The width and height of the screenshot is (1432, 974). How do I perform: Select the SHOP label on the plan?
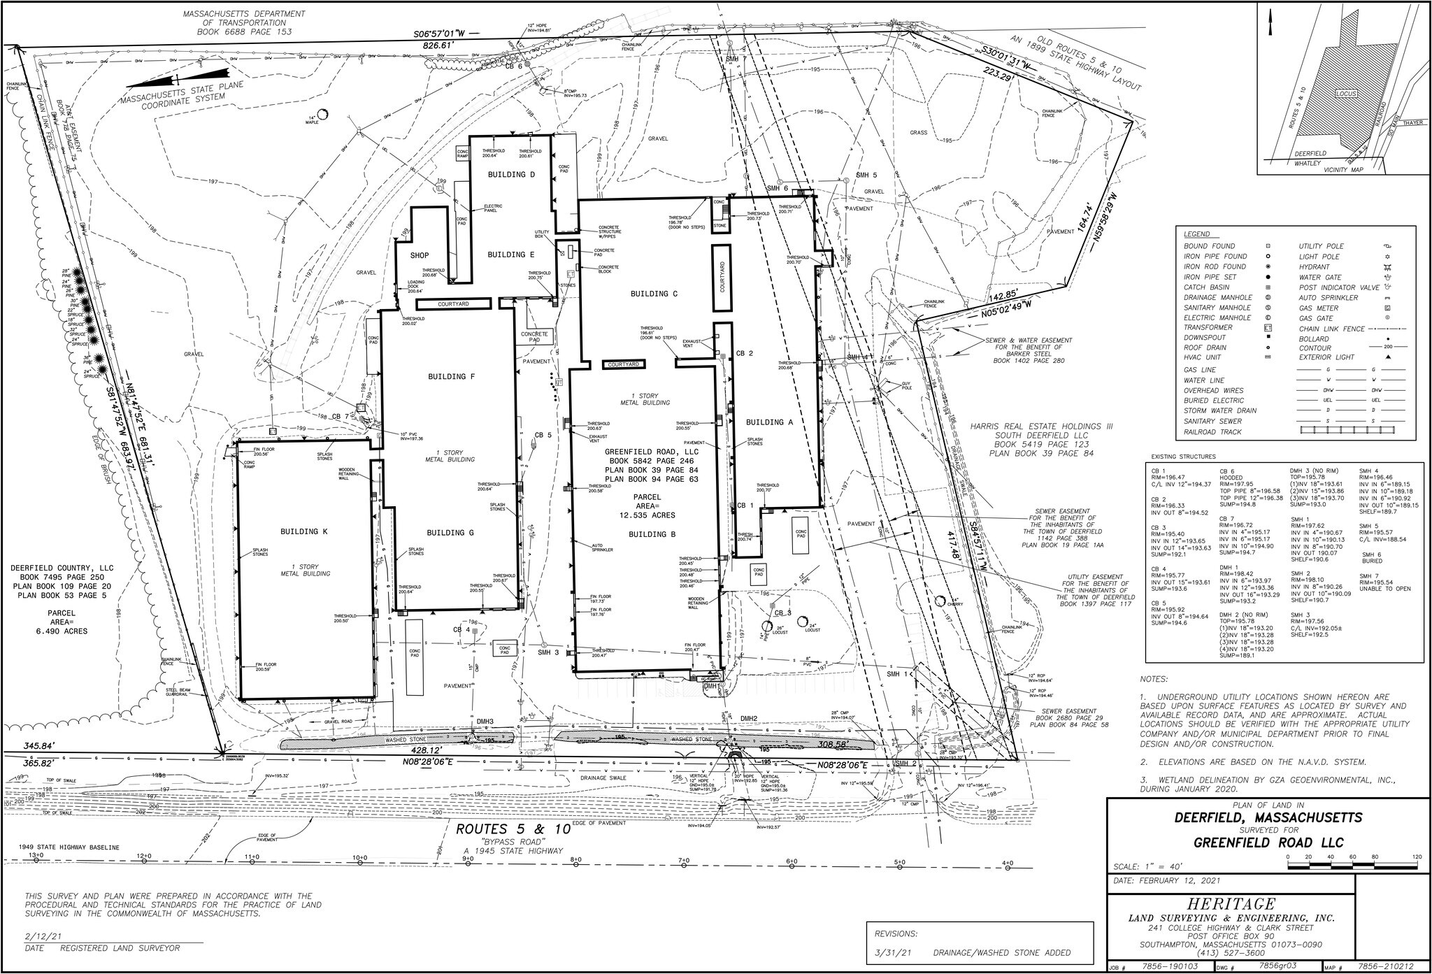(x=419, y=255)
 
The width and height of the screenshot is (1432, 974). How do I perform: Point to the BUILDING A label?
(x=769, y=422)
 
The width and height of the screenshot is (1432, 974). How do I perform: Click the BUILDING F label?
(x=452, y=377)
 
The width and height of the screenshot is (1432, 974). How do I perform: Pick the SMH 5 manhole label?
(x=866, y=175)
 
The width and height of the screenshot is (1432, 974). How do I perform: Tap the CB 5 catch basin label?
(x=543, y=435)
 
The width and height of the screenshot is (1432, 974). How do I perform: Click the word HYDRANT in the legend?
(x=1314, y=267)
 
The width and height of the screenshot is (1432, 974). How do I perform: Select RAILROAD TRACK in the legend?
(x=1212, y=431)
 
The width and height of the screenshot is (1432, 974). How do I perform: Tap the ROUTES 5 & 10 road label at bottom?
(x=513, y=829)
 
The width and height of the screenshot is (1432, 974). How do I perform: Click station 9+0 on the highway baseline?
(x=467, y=858)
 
